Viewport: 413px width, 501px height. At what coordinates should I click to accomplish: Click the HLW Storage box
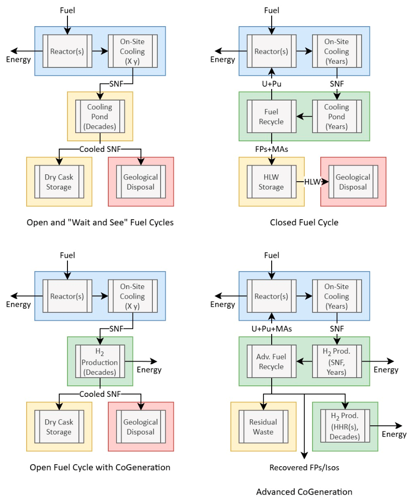click(x=271, y=182)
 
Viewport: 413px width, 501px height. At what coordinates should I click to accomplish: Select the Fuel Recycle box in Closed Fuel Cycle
click(x=271, y=117)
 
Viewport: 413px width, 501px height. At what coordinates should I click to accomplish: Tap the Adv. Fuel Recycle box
click(x=271, y=362)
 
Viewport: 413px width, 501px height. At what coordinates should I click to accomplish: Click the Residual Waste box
click(x=263, y=427)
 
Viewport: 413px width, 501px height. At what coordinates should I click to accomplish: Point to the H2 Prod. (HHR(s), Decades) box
click(x=345, y=426)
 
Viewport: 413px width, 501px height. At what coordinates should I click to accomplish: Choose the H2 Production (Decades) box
click(x=100, y=362)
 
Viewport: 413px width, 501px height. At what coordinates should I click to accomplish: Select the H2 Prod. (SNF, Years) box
click(x=337, y=362)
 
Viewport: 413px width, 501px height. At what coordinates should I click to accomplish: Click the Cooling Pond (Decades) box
click(x=100, y=117)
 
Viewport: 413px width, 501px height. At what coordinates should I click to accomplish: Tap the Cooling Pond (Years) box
click(x=337, y=117)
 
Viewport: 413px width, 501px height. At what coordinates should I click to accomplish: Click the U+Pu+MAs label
click(x=272, y=329)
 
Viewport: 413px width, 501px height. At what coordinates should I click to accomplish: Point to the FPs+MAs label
click(x=272, y=149)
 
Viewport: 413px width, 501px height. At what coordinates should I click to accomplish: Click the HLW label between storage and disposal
click(x=313, y=182)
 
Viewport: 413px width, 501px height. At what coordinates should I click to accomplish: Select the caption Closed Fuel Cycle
click(x=304, y=223)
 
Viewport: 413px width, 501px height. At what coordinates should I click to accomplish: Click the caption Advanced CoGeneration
click(x=304, y=492)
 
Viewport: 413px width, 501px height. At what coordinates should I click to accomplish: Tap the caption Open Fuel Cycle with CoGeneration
click(x=100, y=468)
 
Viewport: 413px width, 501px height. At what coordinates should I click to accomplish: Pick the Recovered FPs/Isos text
click(x=304, y=468)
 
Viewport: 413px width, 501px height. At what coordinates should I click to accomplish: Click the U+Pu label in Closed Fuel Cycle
click(x=272, y=83)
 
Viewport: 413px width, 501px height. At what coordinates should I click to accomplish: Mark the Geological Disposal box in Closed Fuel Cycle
click(x=353, y=182)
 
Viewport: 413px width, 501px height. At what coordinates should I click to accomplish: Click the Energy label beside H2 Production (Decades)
click(x=149, y=370)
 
